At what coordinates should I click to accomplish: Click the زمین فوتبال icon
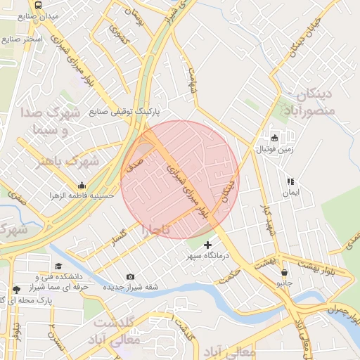point(274,138)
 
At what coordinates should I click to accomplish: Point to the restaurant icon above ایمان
point(289,181)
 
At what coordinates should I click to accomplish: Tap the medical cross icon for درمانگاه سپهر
point(207,245)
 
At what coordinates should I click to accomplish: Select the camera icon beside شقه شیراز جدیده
point(130,276)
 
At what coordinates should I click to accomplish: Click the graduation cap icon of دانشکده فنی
point(58,266)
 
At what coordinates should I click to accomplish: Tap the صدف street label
point(134,166)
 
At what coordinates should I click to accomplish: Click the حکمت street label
point(230,277)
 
